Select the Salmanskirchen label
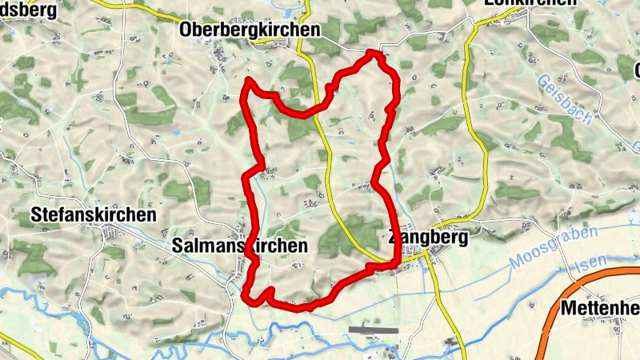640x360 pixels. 239,246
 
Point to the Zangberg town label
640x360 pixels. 426,237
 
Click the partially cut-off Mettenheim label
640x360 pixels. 600,307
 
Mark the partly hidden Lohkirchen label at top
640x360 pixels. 530,3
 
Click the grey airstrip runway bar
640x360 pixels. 373,330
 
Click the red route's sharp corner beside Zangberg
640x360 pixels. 397,262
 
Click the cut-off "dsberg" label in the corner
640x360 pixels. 29,10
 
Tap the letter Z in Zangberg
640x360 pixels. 392,238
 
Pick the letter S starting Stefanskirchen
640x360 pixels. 35,215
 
